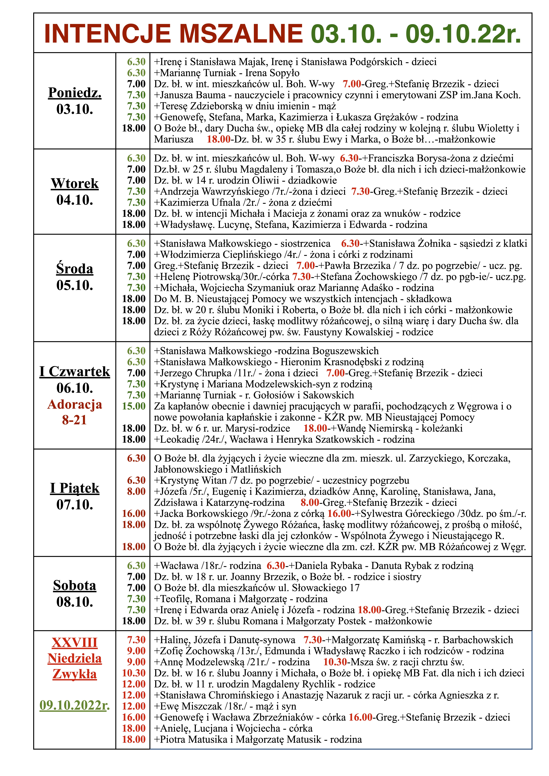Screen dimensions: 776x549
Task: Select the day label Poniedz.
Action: pos(75,93)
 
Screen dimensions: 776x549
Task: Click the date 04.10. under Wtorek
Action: pos(75,200)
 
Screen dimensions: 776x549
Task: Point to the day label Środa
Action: pos(75,269)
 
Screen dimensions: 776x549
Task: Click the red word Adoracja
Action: pos(75,404)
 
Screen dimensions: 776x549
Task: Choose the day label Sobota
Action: pos(75,585)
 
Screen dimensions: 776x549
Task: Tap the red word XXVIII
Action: pos(75,643)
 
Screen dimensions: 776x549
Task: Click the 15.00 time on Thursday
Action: pos(134,406)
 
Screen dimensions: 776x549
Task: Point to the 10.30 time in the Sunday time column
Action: pos(134,673)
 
